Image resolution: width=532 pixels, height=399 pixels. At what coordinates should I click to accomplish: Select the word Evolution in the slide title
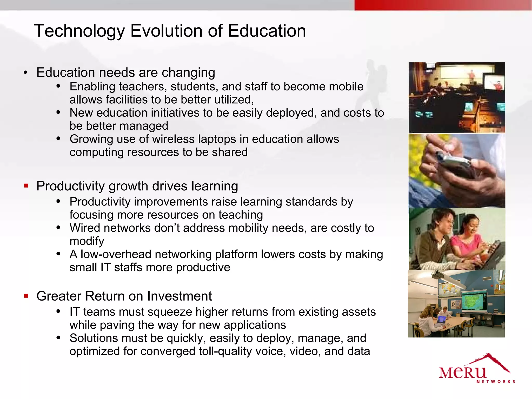[167, 31]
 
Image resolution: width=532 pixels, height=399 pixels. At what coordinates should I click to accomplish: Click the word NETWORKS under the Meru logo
[496, 382]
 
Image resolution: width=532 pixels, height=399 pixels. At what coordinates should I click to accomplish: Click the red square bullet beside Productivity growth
[26, 186]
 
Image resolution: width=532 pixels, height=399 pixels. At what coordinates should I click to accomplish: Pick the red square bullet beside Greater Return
[26, 296]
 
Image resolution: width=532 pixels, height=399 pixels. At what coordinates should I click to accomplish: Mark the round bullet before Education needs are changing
[25, 73]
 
